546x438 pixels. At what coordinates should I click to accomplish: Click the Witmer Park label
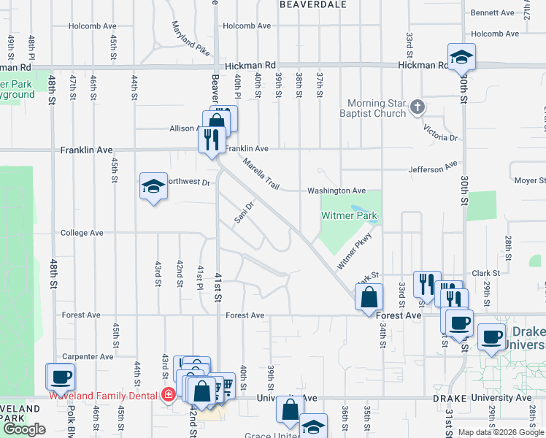[x=350, y=216]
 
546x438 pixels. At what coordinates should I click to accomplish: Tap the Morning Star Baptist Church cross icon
[x=417, y=108]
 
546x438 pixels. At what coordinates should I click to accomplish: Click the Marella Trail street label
[x=261, y=175]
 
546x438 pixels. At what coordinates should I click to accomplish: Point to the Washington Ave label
[x=336, y=191]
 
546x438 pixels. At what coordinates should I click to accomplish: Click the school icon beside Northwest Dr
[x=153, y=187]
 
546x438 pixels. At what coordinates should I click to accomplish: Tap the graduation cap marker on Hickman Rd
[x=461, y=57]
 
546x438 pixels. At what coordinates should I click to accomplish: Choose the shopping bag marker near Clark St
[x=369, y=296]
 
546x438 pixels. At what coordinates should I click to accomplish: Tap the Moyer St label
[x=529, y=180]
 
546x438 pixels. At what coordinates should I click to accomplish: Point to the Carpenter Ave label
[x=88, y=357]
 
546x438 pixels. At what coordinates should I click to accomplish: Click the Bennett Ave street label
[x=493, y=13]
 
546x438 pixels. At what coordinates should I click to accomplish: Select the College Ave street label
[x=82, y=234]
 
